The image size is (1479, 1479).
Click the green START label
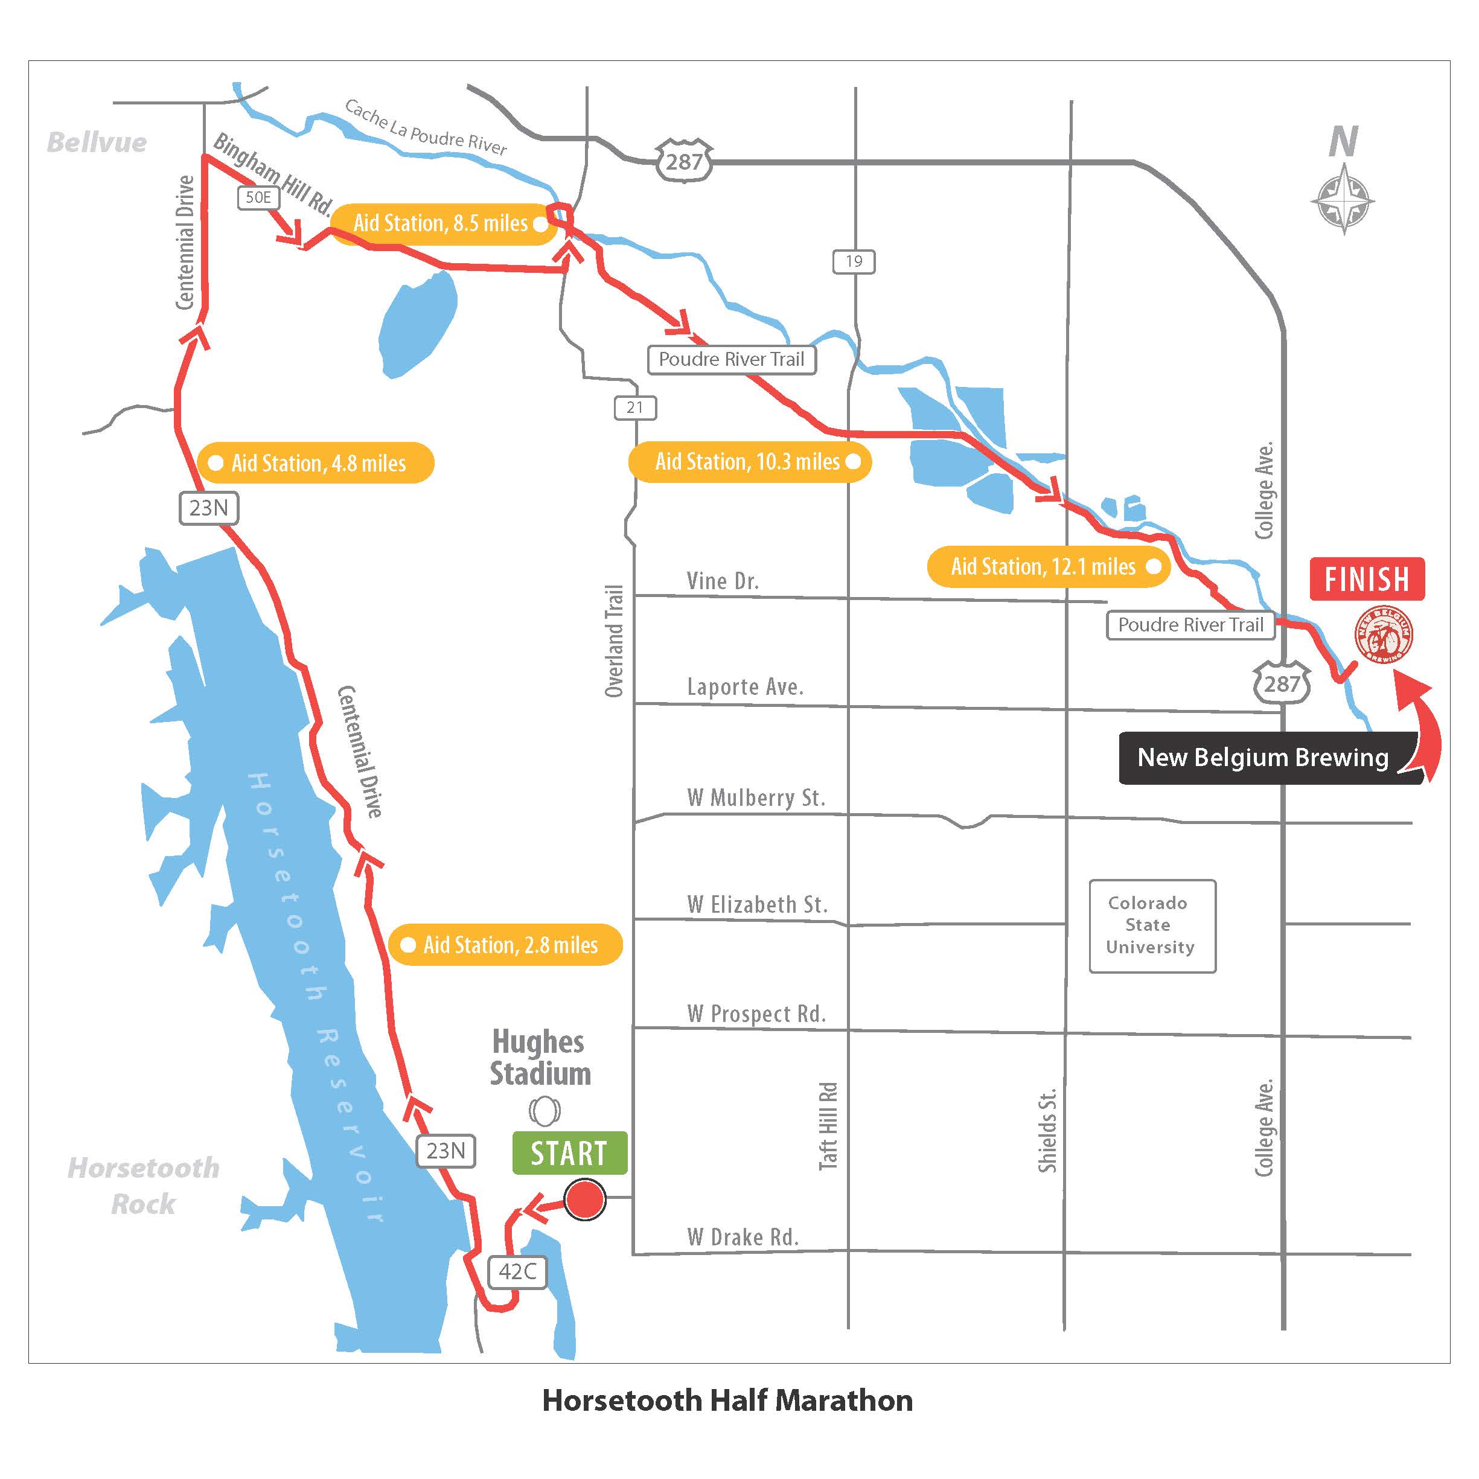(x=569, y=1153)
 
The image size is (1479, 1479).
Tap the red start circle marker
(x=585, y=1199)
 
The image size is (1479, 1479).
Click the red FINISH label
(x=1367, y=579)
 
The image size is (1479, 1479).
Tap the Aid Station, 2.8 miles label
(x=505, y=945)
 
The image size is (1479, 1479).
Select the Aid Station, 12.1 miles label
(x=1048, y=566)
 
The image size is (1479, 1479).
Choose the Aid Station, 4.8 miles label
(x=315, y=462)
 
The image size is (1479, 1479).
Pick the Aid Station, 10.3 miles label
(x=749, y=462)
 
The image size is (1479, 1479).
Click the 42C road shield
(x=517, y=1271)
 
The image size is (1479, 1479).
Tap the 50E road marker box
(x=258, y=197)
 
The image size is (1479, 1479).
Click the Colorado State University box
(x=1151, y=925)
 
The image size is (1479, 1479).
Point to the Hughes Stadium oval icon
(x=545, y=1110)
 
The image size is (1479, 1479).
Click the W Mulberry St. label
(x=756, y=797)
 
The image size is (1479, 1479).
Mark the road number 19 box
(x=854, y=262)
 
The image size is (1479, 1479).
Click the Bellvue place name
(x=97, y=142)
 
